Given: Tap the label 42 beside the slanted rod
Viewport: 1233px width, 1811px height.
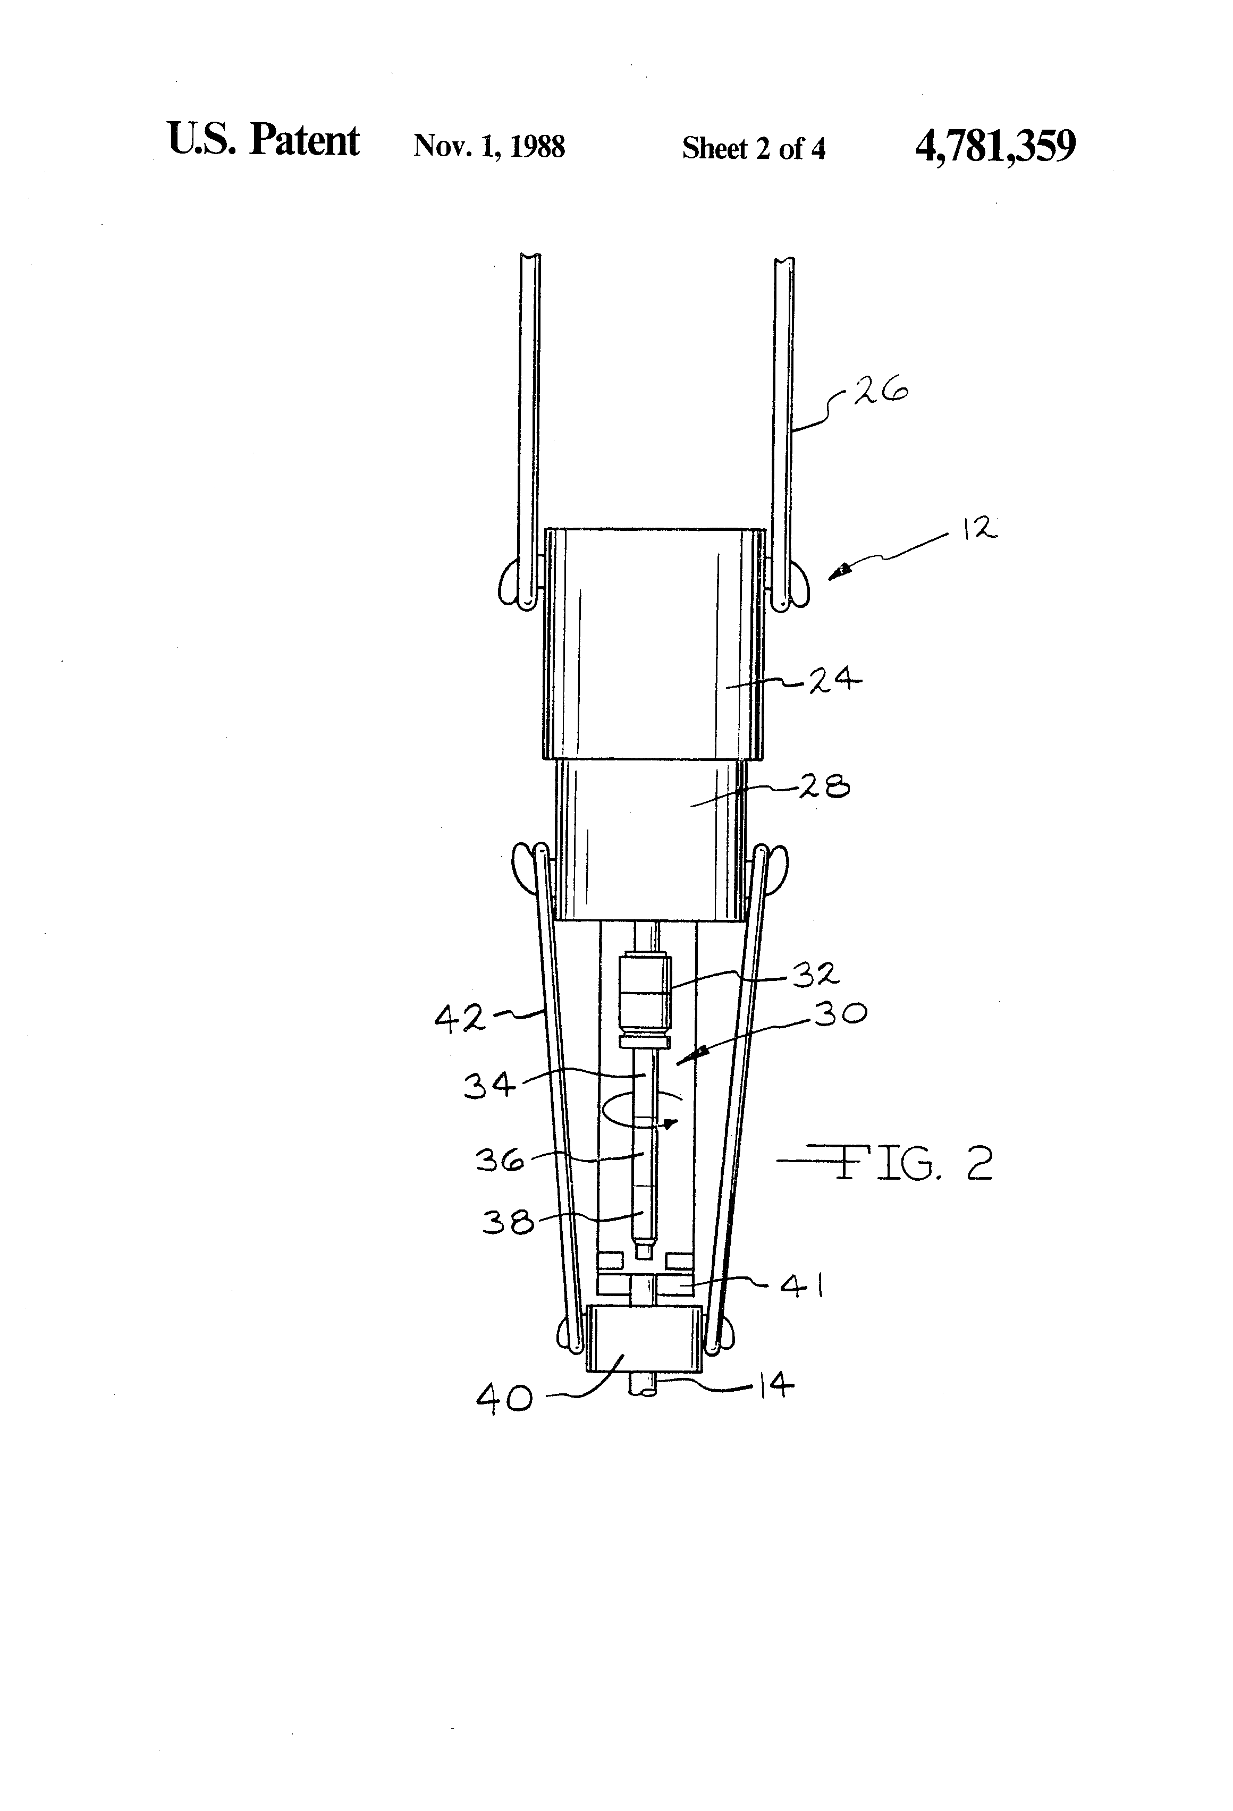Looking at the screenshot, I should [460, 1019].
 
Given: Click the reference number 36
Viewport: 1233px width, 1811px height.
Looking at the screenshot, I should [500, 1161].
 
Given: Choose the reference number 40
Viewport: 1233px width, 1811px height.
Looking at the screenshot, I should [504, 1399].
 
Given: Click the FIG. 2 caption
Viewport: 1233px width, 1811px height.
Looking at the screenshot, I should [912, 1163].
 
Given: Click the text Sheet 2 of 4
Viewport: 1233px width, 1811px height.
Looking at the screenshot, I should [753, 148].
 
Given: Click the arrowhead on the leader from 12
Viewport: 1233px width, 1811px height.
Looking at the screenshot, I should [838, 573].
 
